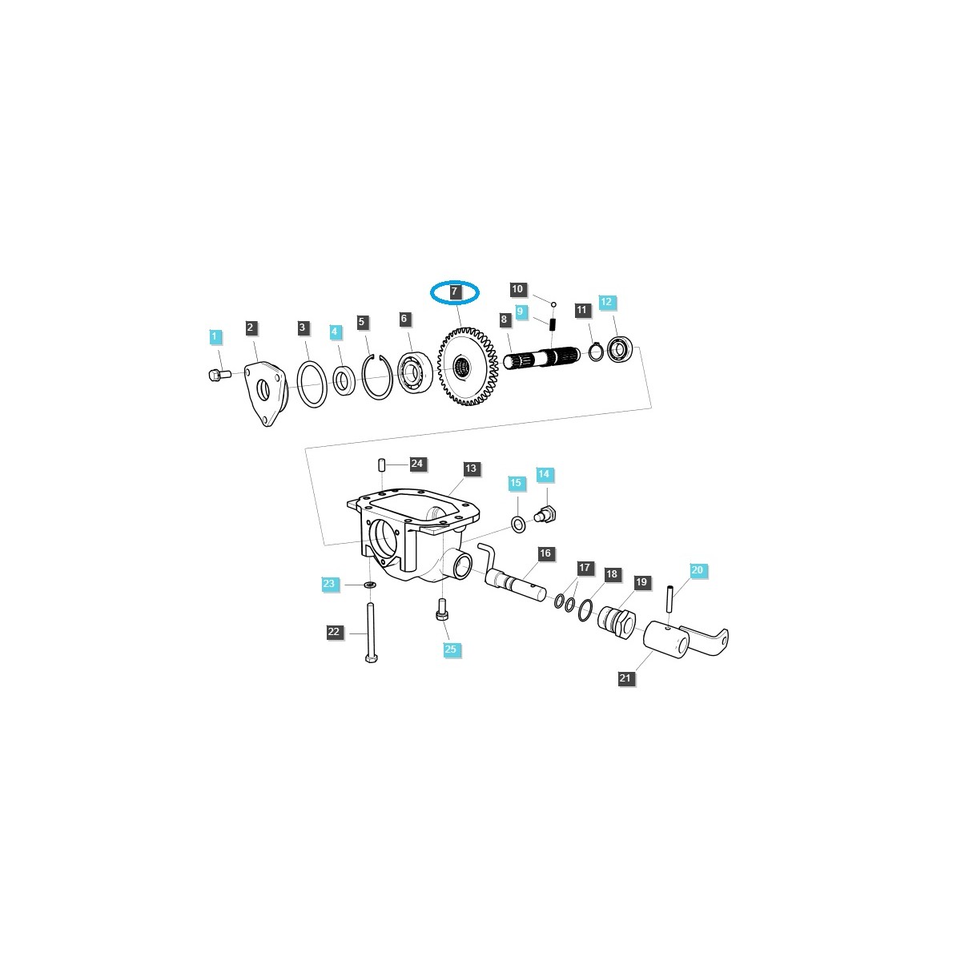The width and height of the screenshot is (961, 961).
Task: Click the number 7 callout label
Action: coord(454,292)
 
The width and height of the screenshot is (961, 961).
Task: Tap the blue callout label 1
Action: coord(214,337)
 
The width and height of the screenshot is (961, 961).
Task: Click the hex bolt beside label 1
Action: coord(218,374)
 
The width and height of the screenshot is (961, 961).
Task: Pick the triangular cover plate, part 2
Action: coord(263,392)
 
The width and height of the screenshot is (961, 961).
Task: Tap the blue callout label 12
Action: coord(605,302)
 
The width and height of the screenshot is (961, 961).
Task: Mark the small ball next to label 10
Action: coord(553,304)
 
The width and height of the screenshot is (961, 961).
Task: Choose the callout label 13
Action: coord(470,468)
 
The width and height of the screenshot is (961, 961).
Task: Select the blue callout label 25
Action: coord(450,649)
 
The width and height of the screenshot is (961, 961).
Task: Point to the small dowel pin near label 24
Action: coord(383,465)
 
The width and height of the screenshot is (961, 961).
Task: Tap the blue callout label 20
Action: coord(697,570)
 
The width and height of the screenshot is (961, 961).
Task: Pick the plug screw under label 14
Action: coord(550,513)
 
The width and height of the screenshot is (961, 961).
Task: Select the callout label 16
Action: coord(545,553)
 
